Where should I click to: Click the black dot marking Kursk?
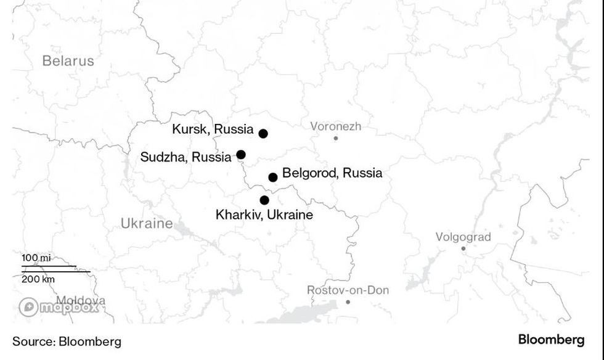click(x=263, y=134)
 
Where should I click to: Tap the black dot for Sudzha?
click(x=241, y=155)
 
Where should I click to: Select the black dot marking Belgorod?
click(x=273, y=178)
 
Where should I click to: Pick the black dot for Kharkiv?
click(x=264, y=200)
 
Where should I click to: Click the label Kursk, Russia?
click(x=213, y=129)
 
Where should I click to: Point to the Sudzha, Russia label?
click(x=186, y=157)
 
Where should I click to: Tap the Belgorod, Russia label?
click(x=332, y=173)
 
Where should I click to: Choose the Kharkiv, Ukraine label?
click(x=264, y=215)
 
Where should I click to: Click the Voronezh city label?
click(x=335, y=127)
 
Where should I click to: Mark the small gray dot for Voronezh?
click(x=336, y=138)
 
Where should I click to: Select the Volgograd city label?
click(x=463, y=237)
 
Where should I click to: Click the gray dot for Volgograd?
click(x=463, y=248)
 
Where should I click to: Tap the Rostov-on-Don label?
click(x=348, y=290)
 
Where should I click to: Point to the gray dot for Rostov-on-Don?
click(x=348, y=302)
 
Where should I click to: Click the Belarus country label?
click(x=68, y=60)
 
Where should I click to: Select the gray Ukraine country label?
click(x=147, y=223)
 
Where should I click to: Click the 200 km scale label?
click(x=39, y=279)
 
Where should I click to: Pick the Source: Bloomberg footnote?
click(x=67, y=342)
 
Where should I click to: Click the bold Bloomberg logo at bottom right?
click(x=551, y=340)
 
